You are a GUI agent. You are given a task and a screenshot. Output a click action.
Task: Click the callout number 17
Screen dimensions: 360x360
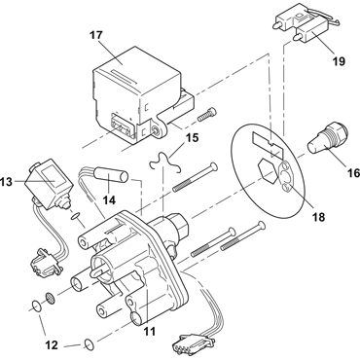(96, 35)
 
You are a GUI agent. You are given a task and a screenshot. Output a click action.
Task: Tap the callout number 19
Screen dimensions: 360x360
(339, 61)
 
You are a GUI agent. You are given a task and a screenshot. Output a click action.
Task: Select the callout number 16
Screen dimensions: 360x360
(354, 173)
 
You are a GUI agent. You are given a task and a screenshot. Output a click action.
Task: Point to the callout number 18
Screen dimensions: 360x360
(319, 217)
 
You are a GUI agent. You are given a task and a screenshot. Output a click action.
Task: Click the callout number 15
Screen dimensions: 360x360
(192, 137)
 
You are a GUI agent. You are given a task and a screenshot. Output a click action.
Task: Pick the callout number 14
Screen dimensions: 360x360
(109, 200)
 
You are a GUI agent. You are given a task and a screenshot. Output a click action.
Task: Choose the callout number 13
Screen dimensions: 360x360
(6, 182)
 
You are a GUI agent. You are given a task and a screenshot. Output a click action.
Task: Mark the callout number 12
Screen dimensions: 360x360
(52, 345)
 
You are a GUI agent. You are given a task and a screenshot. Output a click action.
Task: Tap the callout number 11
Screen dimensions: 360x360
(150, 331)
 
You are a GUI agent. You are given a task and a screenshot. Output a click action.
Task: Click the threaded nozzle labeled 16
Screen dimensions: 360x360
(328, 138)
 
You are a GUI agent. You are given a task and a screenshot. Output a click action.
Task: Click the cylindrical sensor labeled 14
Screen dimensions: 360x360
(111, 175)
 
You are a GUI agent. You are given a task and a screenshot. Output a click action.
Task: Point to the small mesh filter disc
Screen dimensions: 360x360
(50, 298)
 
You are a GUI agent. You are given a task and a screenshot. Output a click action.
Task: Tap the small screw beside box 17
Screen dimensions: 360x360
(206, 113)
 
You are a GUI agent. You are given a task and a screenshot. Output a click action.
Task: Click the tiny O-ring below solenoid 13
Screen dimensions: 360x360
(75, 215)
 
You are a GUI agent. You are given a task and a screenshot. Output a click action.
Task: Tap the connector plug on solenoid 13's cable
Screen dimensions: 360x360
(45, 262)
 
